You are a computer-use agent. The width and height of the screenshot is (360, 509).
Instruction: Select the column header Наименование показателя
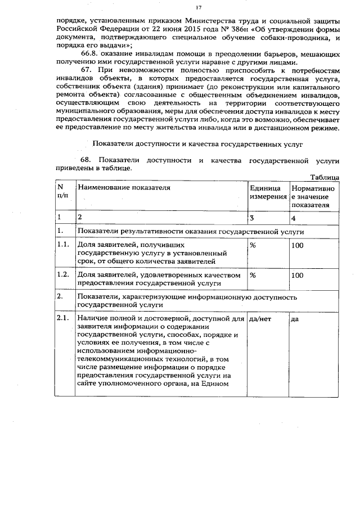tap(124, 187)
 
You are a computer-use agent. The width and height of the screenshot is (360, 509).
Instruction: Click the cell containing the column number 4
tap(294, 217)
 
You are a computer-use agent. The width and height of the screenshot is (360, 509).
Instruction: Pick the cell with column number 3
tap(252, 217)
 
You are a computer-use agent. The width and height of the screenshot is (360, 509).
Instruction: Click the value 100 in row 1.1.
tap(298, 246)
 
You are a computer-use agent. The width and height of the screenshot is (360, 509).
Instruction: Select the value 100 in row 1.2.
tap(298, 275)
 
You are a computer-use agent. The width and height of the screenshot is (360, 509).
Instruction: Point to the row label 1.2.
tap(63, 275)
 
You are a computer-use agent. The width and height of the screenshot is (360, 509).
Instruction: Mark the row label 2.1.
tap(63, 319)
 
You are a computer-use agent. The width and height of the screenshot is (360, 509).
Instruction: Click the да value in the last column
tap(295, 319)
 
